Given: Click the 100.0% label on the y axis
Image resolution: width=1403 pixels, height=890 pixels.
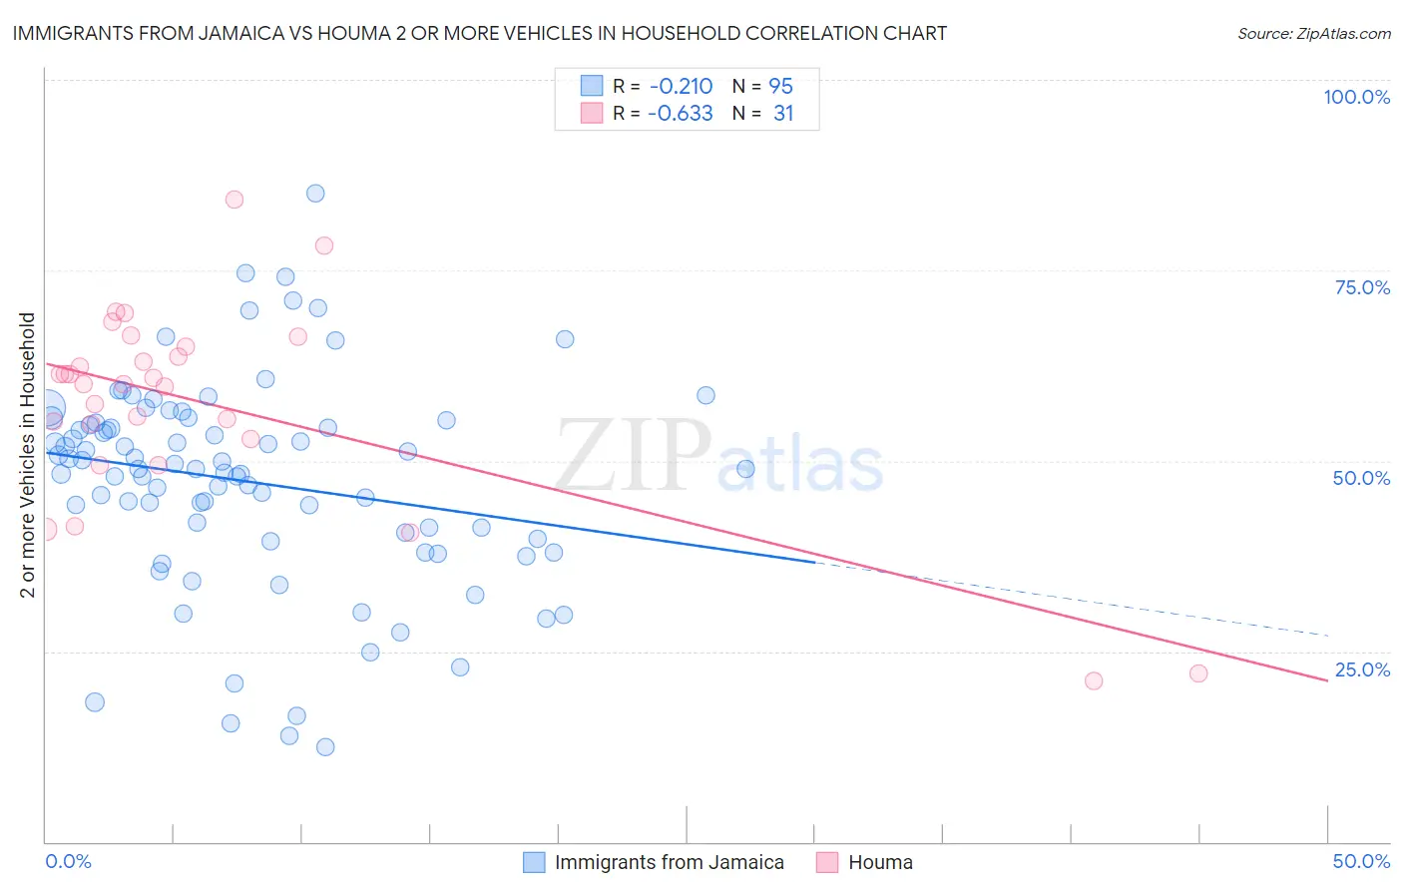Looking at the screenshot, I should coord(1356,97).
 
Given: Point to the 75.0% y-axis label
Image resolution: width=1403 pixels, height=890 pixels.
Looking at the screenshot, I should coord(1362,287).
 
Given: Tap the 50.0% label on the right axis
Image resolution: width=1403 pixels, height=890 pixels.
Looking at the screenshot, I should coord(1361,478).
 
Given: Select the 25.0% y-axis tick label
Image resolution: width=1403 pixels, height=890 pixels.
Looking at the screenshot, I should coord(1362,669).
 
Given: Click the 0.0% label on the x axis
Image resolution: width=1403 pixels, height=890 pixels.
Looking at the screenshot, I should coord(68,861).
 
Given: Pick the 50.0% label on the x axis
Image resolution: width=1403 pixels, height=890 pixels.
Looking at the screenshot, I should coord(1361,861).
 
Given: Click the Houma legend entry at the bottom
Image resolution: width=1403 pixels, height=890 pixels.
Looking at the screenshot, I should coord(880,862).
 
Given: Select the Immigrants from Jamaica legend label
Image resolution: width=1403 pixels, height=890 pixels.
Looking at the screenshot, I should coord(669,862).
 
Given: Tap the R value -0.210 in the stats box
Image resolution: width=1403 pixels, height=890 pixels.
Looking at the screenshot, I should coord(680,87).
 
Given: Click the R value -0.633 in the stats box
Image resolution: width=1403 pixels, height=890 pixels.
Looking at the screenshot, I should coord(680,114).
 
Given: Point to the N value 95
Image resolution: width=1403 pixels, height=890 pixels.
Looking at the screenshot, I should coord(780,87).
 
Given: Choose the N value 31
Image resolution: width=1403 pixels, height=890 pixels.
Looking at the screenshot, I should coord(783,114).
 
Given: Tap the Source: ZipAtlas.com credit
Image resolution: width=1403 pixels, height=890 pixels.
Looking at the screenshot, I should coord(1313,34).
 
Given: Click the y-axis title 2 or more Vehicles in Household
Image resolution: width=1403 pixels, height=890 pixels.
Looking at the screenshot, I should coord(28,455).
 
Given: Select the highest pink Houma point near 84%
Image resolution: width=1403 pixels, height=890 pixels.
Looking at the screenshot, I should coord(234,200).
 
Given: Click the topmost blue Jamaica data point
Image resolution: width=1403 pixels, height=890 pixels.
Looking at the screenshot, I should coord(315,194).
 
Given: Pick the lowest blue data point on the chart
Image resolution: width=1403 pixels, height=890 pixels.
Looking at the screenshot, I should coord(325,747).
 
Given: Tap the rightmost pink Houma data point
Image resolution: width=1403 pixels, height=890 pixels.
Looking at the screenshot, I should coord(1198,673).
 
